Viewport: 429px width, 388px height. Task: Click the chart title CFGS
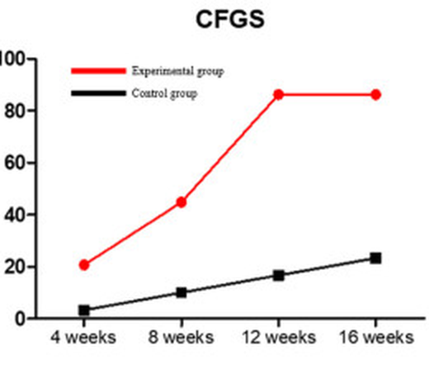click(230, 19)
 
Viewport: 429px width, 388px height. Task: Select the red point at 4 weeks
click(84, 265)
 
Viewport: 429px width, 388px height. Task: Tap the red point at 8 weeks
click(181, 202)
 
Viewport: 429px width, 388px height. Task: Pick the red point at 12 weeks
click(279, 95)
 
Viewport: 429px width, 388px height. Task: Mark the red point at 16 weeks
click(376, 95)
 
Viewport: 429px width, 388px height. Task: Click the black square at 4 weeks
click(84, 310)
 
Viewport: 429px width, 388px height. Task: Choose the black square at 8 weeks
click(181, 292)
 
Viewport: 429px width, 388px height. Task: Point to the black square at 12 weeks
click(279, 276)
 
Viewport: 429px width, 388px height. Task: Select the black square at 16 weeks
click(376, 258)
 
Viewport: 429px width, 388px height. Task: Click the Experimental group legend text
click(178, 71)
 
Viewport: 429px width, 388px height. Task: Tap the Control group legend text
click(164, 93)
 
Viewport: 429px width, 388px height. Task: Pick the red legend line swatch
click(98, 71)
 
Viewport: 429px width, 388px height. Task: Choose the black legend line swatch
click(98, 93)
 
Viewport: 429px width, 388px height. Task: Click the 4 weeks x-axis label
click(83, 337)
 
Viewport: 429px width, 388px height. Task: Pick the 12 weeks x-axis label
click(279, 337)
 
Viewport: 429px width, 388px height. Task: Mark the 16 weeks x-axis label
click(376, 337)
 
